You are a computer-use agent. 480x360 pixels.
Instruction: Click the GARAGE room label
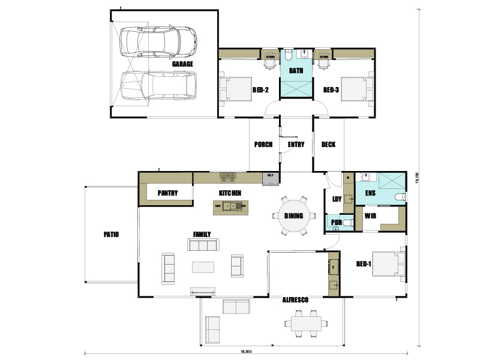182,64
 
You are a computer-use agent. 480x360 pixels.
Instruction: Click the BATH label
296,70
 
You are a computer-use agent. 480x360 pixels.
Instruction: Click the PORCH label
263,145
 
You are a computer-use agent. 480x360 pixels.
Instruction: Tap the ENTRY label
296,145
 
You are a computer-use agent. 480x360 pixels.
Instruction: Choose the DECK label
328,145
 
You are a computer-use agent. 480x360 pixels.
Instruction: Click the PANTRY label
166,193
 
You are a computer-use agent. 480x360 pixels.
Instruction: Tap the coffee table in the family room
203,266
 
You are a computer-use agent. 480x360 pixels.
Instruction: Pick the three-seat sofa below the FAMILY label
203,245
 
